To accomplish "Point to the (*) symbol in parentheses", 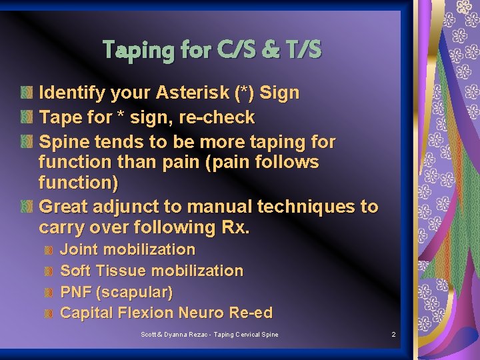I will [x=244, y=93].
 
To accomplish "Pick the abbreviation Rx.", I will [x=235, y=227].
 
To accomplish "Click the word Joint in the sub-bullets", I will [x=79, y=249].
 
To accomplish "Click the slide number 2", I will [x=393, y=334].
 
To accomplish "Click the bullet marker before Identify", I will [x=26, y=93].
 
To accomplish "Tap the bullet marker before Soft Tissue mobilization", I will [x=48, y=271].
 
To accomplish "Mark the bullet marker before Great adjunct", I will [x=26, y=207].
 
